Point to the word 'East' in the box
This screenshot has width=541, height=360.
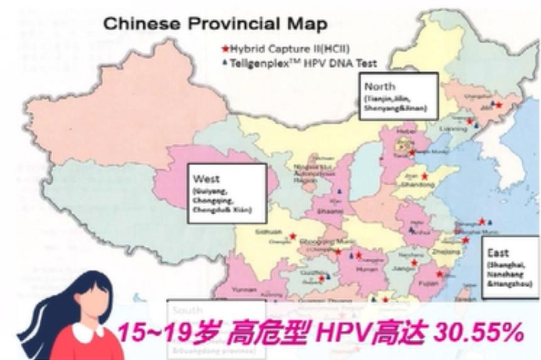(498, 254)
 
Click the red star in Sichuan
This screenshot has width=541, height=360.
(292, 236)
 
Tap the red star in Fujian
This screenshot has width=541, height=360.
(440, 273)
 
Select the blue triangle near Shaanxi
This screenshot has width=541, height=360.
(340, 190)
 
